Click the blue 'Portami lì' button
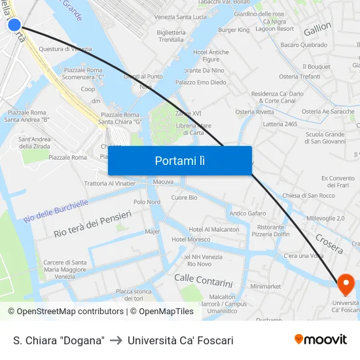coord(180,160)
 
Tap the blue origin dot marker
coord(14,26)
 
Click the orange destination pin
coord(345,283)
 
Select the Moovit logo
coord(321,340)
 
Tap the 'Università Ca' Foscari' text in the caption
coord(181,340)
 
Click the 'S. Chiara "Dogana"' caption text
coord(59,340)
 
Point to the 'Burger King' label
coord(234,30)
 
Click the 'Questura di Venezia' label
coord(65,49)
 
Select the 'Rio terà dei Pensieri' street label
coord(93,224)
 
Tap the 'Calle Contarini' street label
coord(204,281)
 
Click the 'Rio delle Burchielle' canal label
coord(56,211)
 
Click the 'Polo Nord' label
coord(147,202)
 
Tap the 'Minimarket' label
coord(265,286)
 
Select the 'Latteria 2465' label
coord(279,124)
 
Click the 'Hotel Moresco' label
coord(190,240)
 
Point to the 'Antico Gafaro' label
coord(247,213)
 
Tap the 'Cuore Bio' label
coord(184,198)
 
